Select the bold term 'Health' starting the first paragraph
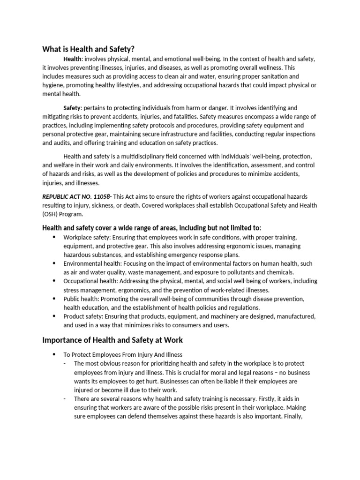click(x=72, y=59)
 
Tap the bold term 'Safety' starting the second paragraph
click(x=72, y=108)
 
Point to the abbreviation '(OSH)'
click(x=51, y=213)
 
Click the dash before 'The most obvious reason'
click(x=65, y=363)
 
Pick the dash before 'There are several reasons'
click(x=65, y=398)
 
